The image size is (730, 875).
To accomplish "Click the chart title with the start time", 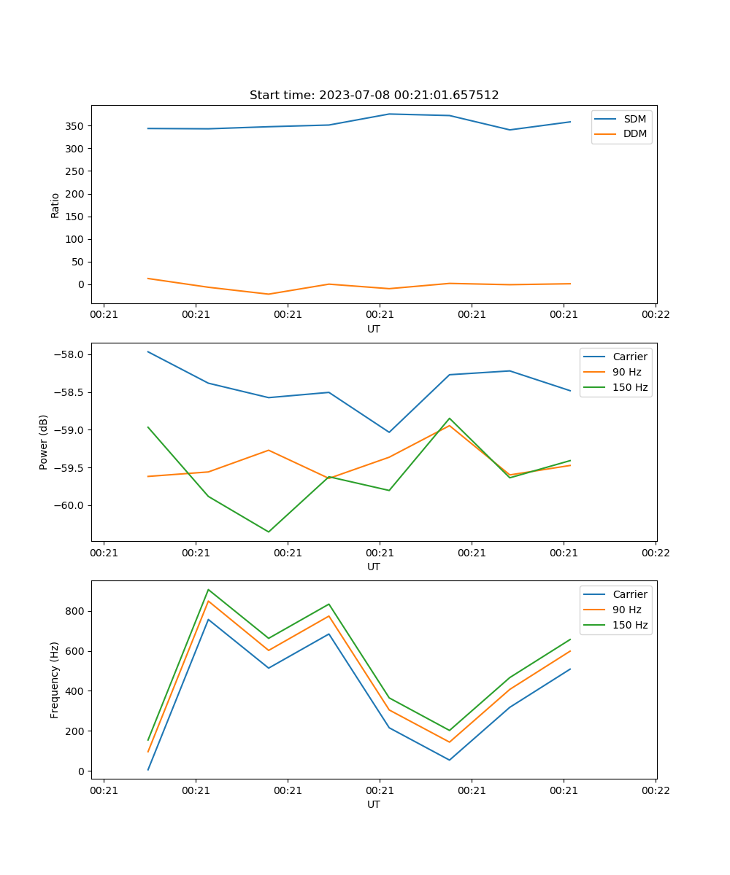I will pos(374,96).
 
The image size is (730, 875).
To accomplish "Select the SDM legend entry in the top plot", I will pos(634,119).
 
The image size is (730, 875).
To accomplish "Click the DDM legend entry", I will pos(634,133).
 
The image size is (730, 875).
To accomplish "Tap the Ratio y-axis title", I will pos(55,205).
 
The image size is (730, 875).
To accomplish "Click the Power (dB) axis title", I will pos(44,442).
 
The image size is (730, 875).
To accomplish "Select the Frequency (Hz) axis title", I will pos(55,680).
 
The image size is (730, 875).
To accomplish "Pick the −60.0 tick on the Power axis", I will pos(71,505).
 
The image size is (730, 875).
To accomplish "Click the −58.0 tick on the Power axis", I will pos(71,354).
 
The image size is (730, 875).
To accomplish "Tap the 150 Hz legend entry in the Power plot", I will pos(630,387).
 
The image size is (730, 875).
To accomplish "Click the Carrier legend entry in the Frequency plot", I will pos(630,594).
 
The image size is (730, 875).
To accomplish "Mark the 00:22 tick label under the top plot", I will pos(656,314).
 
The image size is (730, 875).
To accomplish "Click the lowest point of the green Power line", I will pos(269,532).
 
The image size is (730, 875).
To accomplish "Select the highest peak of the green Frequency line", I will pos(208,589).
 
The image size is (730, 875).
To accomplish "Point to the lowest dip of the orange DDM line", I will pos(269,294).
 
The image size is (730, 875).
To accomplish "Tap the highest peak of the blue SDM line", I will pos(389,114).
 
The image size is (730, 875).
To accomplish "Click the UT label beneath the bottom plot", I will pos(374,804).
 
